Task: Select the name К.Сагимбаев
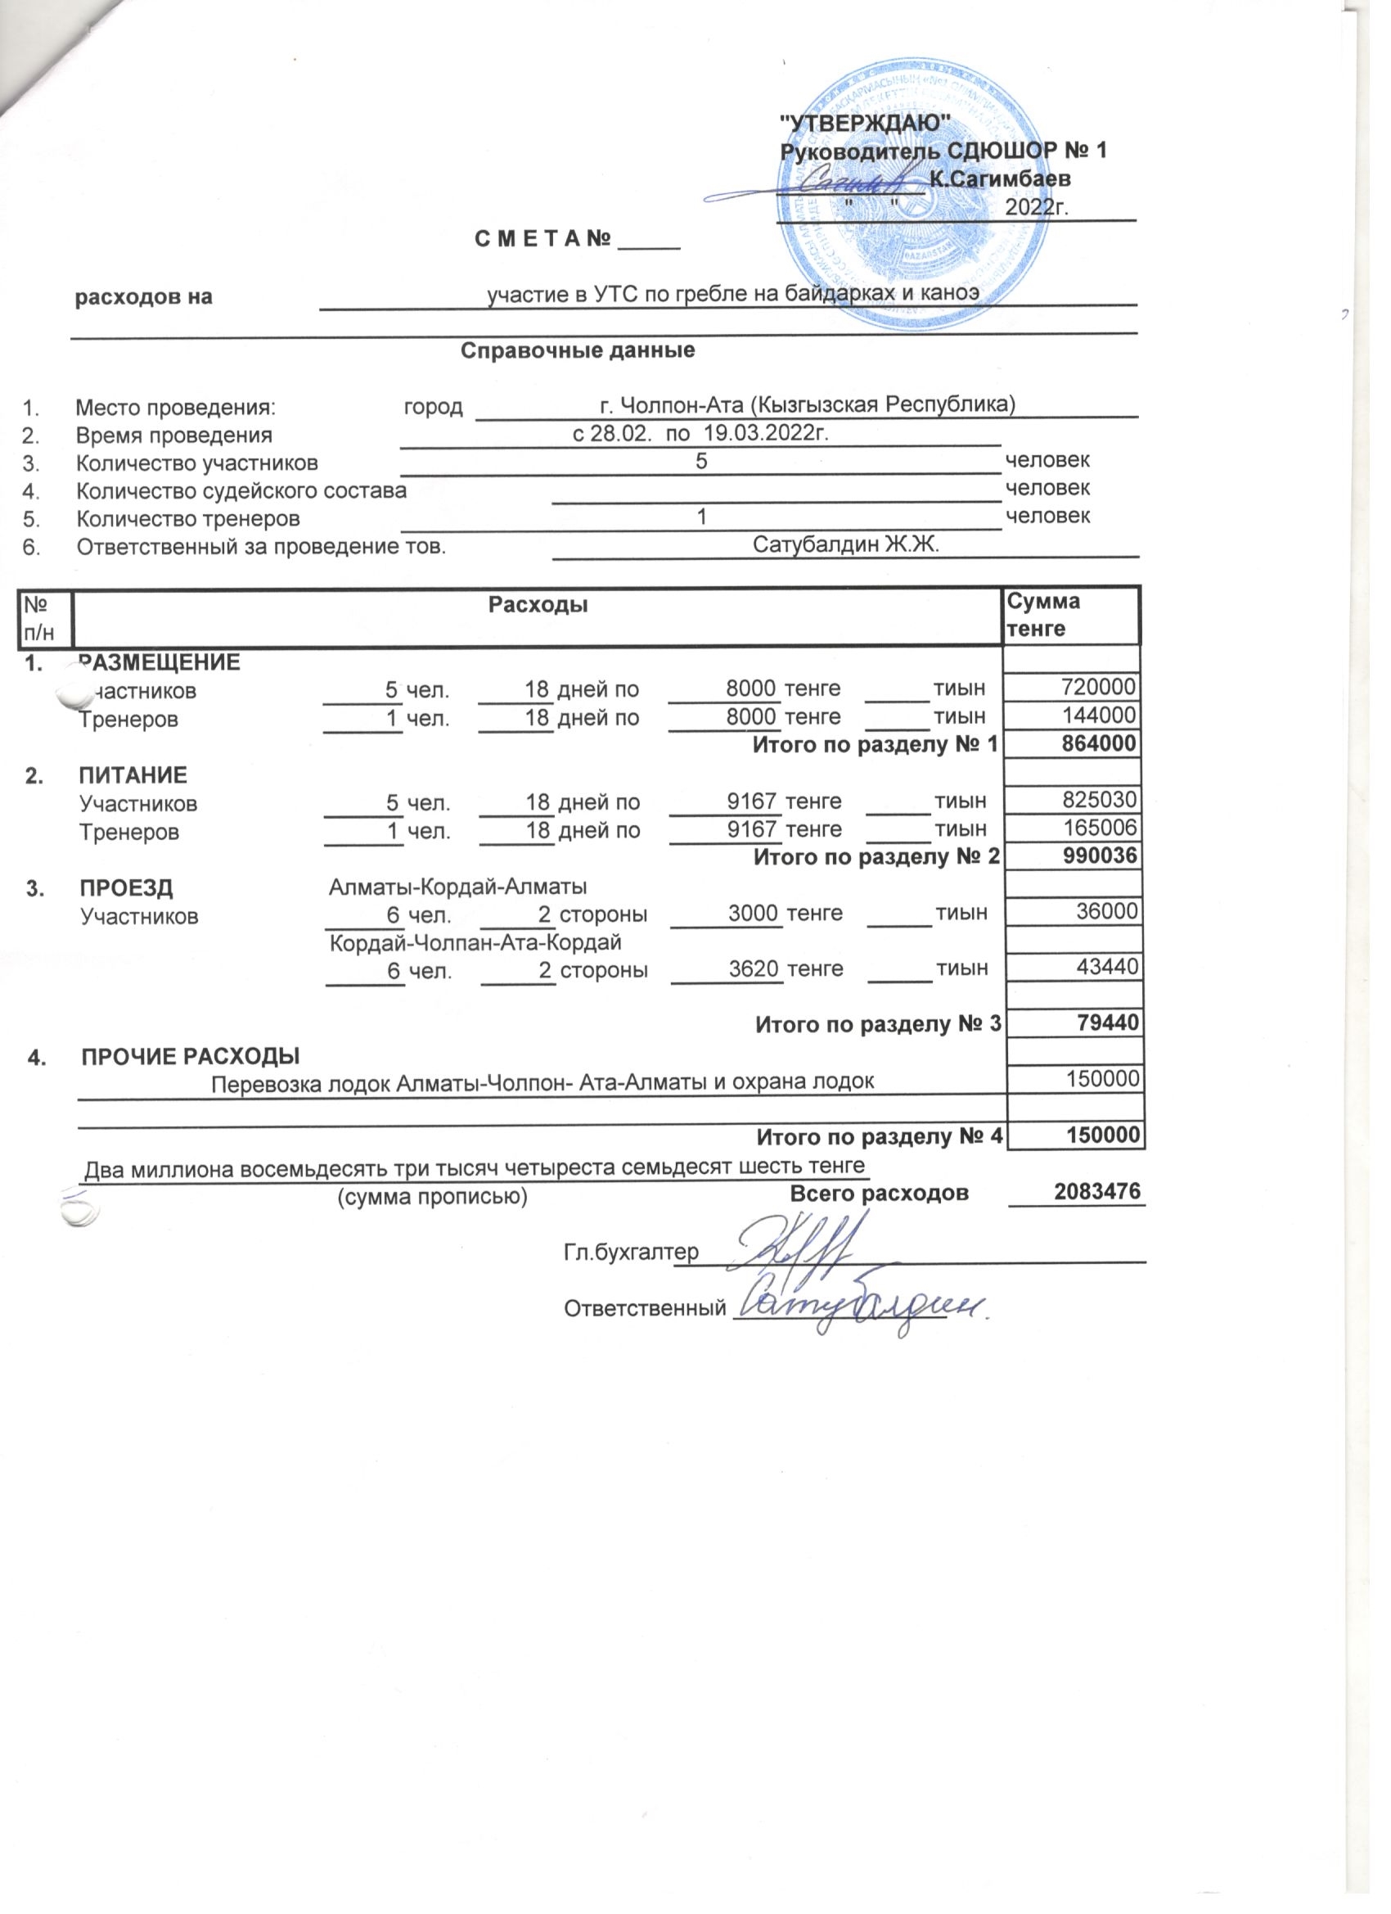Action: coord(1000,179)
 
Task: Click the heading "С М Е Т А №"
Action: coord(542,240)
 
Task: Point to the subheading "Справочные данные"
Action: coord(578,350)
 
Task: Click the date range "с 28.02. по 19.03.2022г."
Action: coord(700,434)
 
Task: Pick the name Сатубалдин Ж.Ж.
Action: coord(845,544)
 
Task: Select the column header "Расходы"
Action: coord(538,604)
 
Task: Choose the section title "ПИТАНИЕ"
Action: coord(133,774)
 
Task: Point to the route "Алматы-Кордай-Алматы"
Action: coord(457,887)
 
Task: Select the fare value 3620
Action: coord(754,968)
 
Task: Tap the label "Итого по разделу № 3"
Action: coord(877,1023)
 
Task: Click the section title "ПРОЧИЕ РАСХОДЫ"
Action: coord(191,1056)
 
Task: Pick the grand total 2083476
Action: coord(1096,1191)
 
